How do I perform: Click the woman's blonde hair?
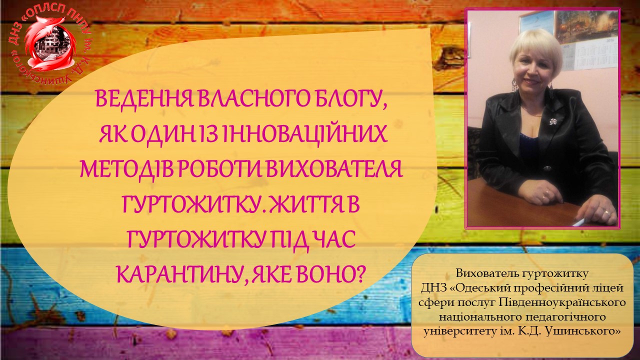coord(536,50)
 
